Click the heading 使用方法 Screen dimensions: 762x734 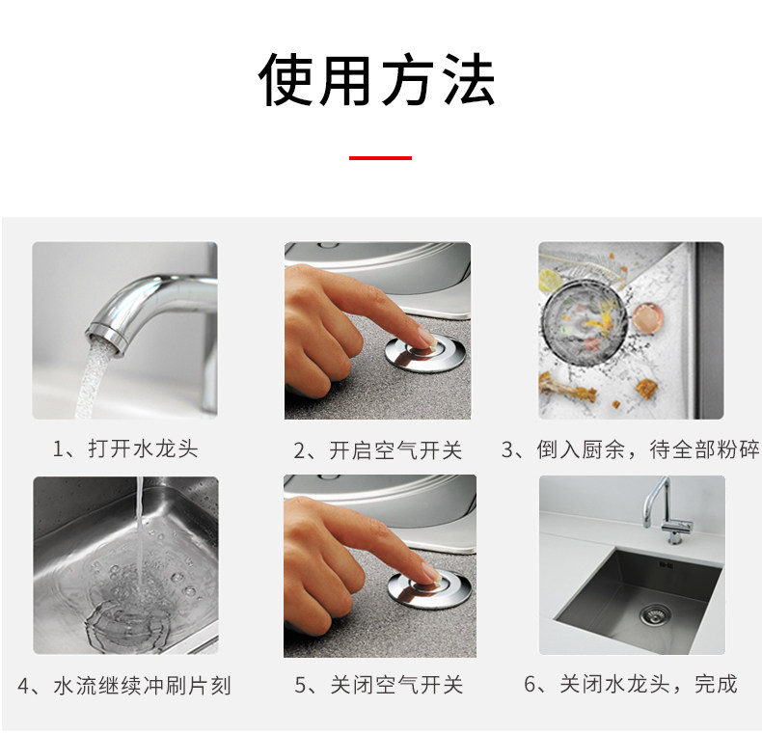[x=376, y=80]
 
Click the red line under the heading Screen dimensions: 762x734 [x=380, y=158]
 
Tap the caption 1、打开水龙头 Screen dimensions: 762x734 [x=125, y=449]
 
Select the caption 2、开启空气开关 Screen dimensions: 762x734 [x=377, y=450]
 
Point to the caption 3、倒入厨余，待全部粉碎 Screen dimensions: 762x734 [x=630, y=449]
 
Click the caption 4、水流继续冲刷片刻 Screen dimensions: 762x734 [x=124, y=686]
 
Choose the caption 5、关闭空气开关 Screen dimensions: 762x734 [x=378, y=685]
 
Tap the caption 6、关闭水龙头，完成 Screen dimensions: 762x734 [x=631, y=684]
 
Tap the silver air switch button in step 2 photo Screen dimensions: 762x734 [x=425, y=353]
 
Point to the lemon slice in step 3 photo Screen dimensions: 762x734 [x=551, y=279]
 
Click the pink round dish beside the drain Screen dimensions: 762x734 [x=649, y=318]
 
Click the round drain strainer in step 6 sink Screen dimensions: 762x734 [x=654, y=615]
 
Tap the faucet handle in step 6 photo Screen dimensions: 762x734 [x=677, y=525]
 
